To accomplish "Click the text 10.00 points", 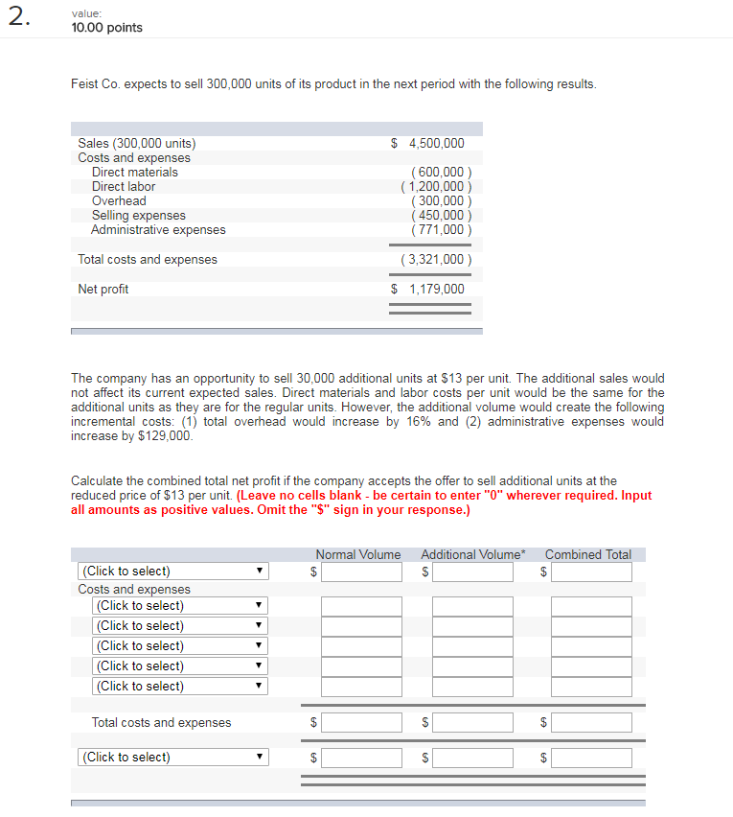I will tap(106, 28).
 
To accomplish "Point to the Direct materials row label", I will tap(134, 173).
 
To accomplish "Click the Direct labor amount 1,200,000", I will tap(436, 187).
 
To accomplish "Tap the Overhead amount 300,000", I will tap(438, 201).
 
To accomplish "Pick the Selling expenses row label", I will tap(138, 216).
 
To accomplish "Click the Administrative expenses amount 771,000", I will tap(438, 230).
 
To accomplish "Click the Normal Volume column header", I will tap(358, 554).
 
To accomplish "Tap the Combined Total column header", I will tap(588, 554).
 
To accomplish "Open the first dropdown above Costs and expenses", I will tap(173, 572).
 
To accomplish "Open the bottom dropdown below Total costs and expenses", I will tap(173, 758).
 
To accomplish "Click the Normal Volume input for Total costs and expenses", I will tap(361, 722).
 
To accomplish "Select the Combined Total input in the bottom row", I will tap(591, 758).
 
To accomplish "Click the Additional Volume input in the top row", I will tap(472, 572).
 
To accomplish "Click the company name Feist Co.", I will tap(96, 84).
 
